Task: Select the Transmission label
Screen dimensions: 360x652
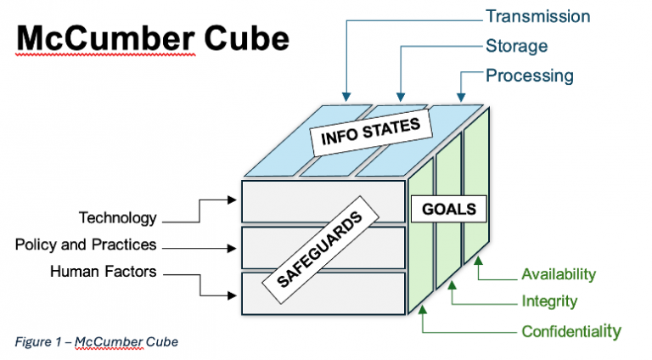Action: coord(537,16)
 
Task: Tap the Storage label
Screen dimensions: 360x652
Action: coord(516,46)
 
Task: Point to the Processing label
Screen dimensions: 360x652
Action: coord(529,76)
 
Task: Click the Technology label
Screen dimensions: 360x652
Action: coord(118,218)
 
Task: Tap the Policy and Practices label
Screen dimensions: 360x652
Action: coord(86,245)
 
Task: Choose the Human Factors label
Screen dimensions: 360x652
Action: coord(104,272)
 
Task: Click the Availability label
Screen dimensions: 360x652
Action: coord(558,274)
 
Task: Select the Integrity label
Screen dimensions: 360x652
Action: coord(548,301)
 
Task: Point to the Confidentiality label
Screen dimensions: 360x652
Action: coord(570,330)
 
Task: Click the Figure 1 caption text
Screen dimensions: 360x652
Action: coord(96,340)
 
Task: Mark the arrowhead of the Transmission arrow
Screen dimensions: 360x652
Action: coord(346,97)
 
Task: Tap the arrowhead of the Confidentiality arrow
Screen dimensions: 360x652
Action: coord(422,312)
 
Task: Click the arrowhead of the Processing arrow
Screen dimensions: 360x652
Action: coord(461,97)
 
